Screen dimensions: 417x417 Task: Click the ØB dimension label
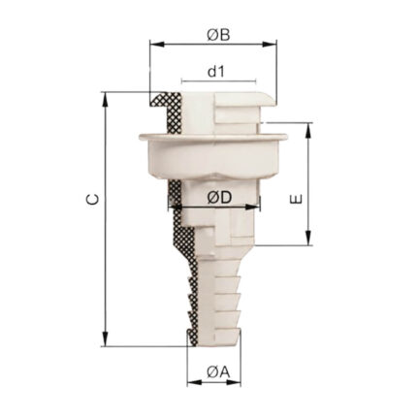click(x=218, y=35)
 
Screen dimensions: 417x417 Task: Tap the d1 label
click(x=216, y=72)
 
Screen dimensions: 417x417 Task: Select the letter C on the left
click(x=93, y=200)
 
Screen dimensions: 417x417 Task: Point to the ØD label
click(x=219, y=198)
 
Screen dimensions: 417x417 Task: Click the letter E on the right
click(x=297, y=199)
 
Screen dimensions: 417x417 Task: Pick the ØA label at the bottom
click(x=218, y=372)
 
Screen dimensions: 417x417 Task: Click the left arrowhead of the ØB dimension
click(x=157, y=45)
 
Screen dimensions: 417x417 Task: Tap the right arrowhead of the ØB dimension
click(x=270, y=45)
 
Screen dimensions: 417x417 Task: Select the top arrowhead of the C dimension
click(x=105, y=100)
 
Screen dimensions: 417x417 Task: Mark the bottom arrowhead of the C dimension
click(x=105, y=338)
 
